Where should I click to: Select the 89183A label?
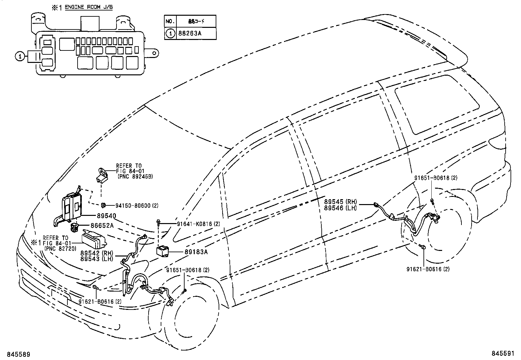coord(196,252)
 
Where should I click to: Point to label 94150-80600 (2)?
coord(137,206)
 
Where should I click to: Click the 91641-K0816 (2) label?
coord(198,224)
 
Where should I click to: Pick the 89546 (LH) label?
coord(340,208)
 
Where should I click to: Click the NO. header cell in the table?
coord(170,21)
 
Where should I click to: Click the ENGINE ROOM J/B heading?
coord(88,7)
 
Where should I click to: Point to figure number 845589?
coord(16,354)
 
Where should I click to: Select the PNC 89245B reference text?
coord(135,177)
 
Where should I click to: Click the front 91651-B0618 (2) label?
coord(188,270)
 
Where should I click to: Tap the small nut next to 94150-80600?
coord(103,205)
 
